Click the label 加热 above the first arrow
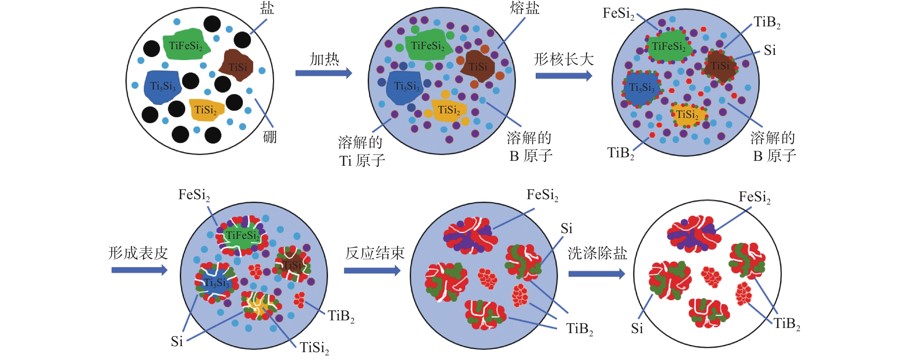pyautogui.click(x=324, y=59)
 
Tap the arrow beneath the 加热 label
pyautogui.click(x=323, y=73)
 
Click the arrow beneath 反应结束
pyautogui.click(x=372, y=271)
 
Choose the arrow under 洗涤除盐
pyautogui.click(x=596, y=274)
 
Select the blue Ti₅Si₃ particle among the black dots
pyautogui.click(x=162, y=86)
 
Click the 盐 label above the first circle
pyautogui.click(x=267, y=8)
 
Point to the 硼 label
pyautogui.click(x=270, y=137)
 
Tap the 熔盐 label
pyautogui.click(x=524, y=8)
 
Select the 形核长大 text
pyautogui.click(x=563, y=59)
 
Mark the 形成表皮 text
pyautogui.click(x=138, y=253)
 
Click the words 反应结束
pyautogui.click(x=374, y=253)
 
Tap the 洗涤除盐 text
pyautogui.click(x=597, y=253)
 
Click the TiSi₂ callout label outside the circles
pyautogui.click(x=314, y=348)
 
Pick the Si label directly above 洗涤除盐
pyautogui.click(x=566, y=229)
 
